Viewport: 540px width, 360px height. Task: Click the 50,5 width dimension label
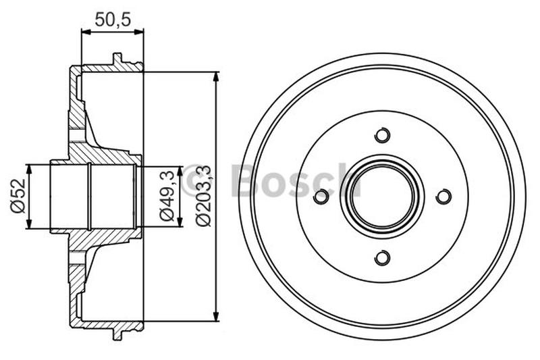tap(112, 19)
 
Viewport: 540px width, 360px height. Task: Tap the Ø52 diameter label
tap(18, 197)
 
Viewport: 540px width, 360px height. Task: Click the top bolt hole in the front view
tap(382, 135)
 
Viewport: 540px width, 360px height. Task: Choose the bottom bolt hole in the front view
tap(382, 257)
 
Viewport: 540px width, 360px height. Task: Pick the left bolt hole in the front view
tap(321, 197)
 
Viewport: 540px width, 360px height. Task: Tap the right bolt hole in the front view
tap(443, 197)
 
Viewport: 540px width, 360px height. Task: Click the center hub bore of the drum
tap(382, 197)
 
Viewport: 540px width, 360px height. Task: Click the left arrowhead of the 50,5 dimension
tap(85, 30)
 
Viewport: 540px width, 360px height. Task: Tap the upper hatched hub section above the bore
tap(101, 155)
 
